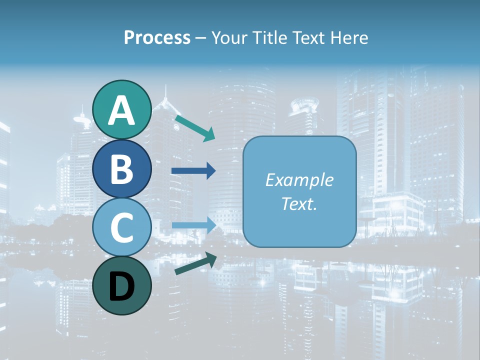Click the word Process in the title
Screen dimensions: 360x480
[x=157, y=38]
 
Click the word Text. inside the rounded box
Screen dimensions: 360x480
[x=299, y=203]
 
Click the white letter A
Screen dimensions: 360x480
[x=121, y=110]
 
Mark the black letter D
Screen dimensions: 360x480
[x=121, y=286]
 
